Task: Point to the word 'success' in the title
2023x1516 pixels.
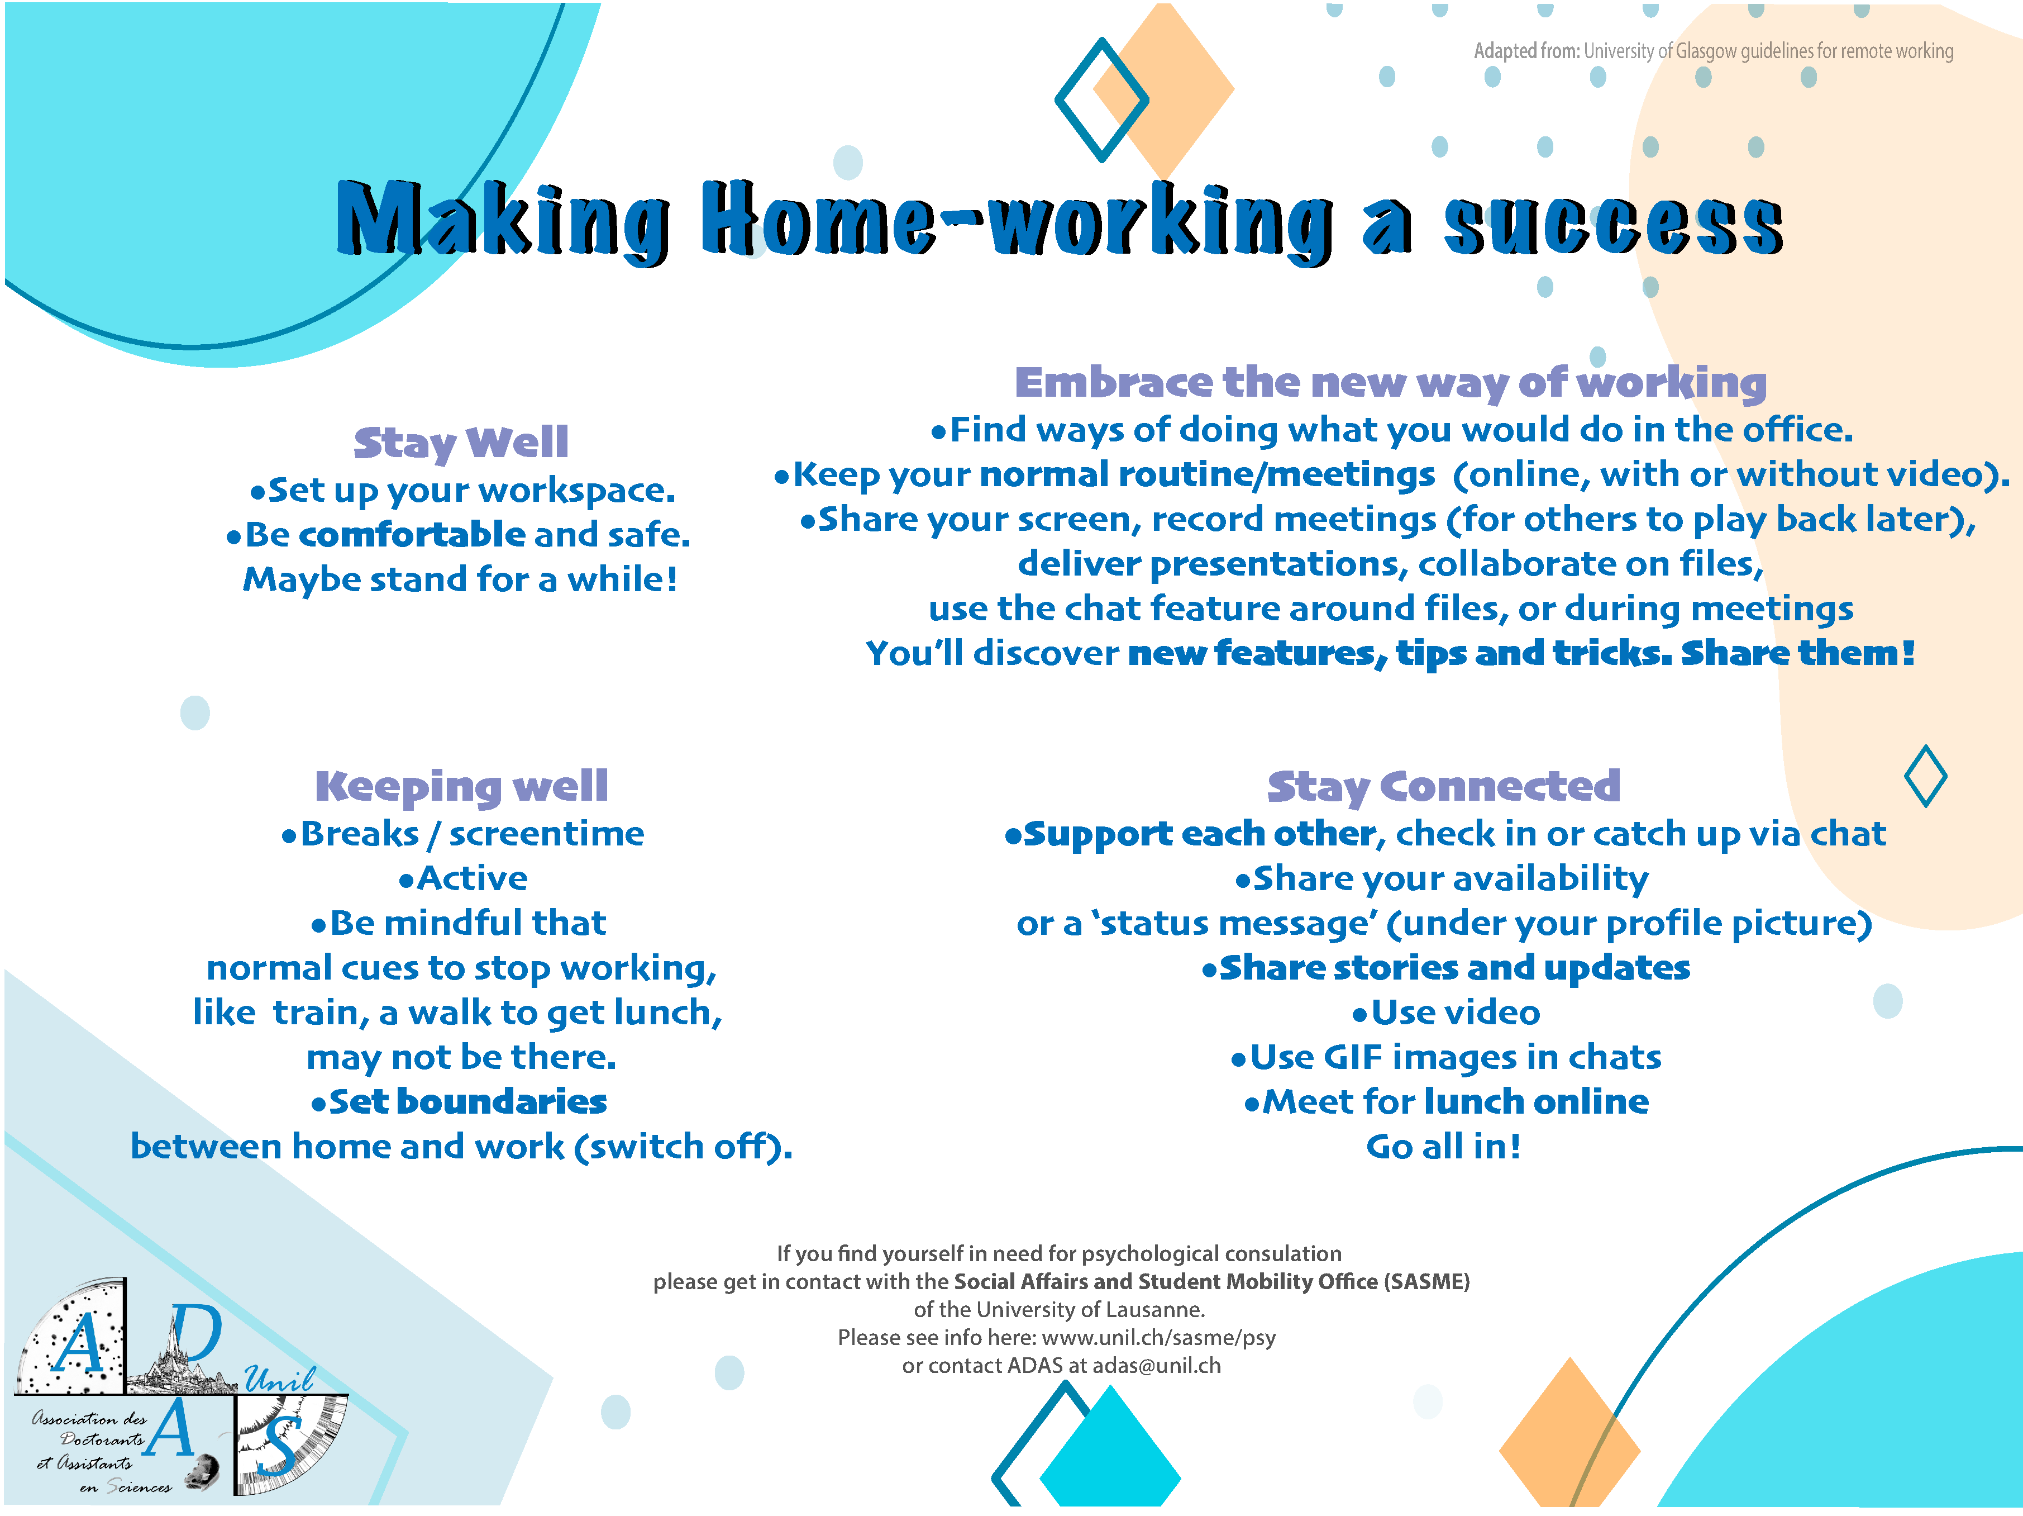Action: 1613,225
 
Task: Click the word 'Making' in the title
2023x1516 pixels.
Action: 503,220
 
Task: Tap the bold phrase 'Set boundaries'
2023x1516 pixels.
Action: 467,1101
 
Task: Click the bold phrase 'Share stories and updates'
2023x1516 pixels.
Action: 1454,968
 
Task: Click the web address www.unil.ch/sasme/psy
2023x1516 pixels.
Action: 1159,1338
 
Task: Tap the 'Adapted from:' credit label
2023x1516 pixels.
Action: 1526,51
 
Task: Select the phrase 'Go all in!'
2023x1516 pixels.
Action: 1443,1147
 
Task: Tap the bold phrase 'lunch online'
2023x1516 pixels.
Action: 1537,1101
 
